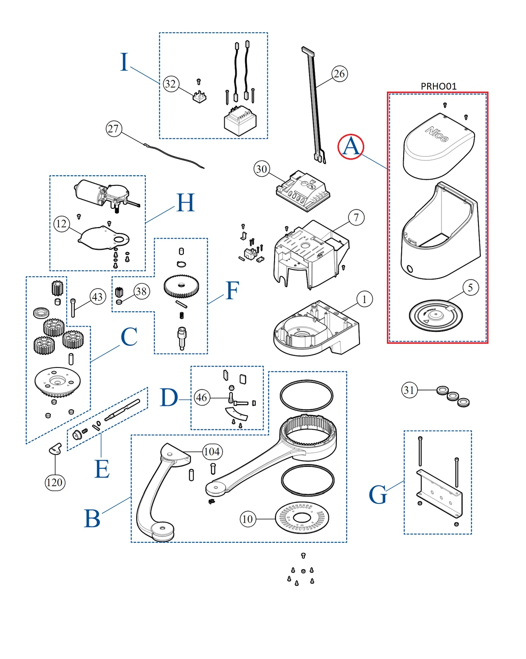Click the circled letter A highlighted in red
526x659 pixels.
[351, 146]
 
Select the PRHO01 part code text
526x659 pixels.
[438, 86]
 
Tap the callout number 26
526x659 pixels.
[339, 73]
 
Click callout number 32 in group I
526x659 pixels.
[170, 84]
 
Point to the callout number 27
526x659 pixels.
[114, 129]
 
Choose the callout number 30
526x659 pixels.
[262, 169]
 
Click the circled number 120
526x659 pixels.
[54, 482]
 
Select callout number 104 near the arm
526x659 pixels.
[212, 452]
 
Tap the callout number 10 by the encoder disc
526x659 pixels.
[248, 519]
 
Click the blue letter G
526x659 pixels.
[378, 495]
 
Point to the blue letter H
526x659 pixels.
[185, 203]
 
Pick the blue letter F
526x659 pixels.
[232, 291]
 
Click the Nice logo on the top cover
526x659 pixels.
[437, 134]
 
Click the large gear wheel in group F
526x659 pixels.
[181, 286]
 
